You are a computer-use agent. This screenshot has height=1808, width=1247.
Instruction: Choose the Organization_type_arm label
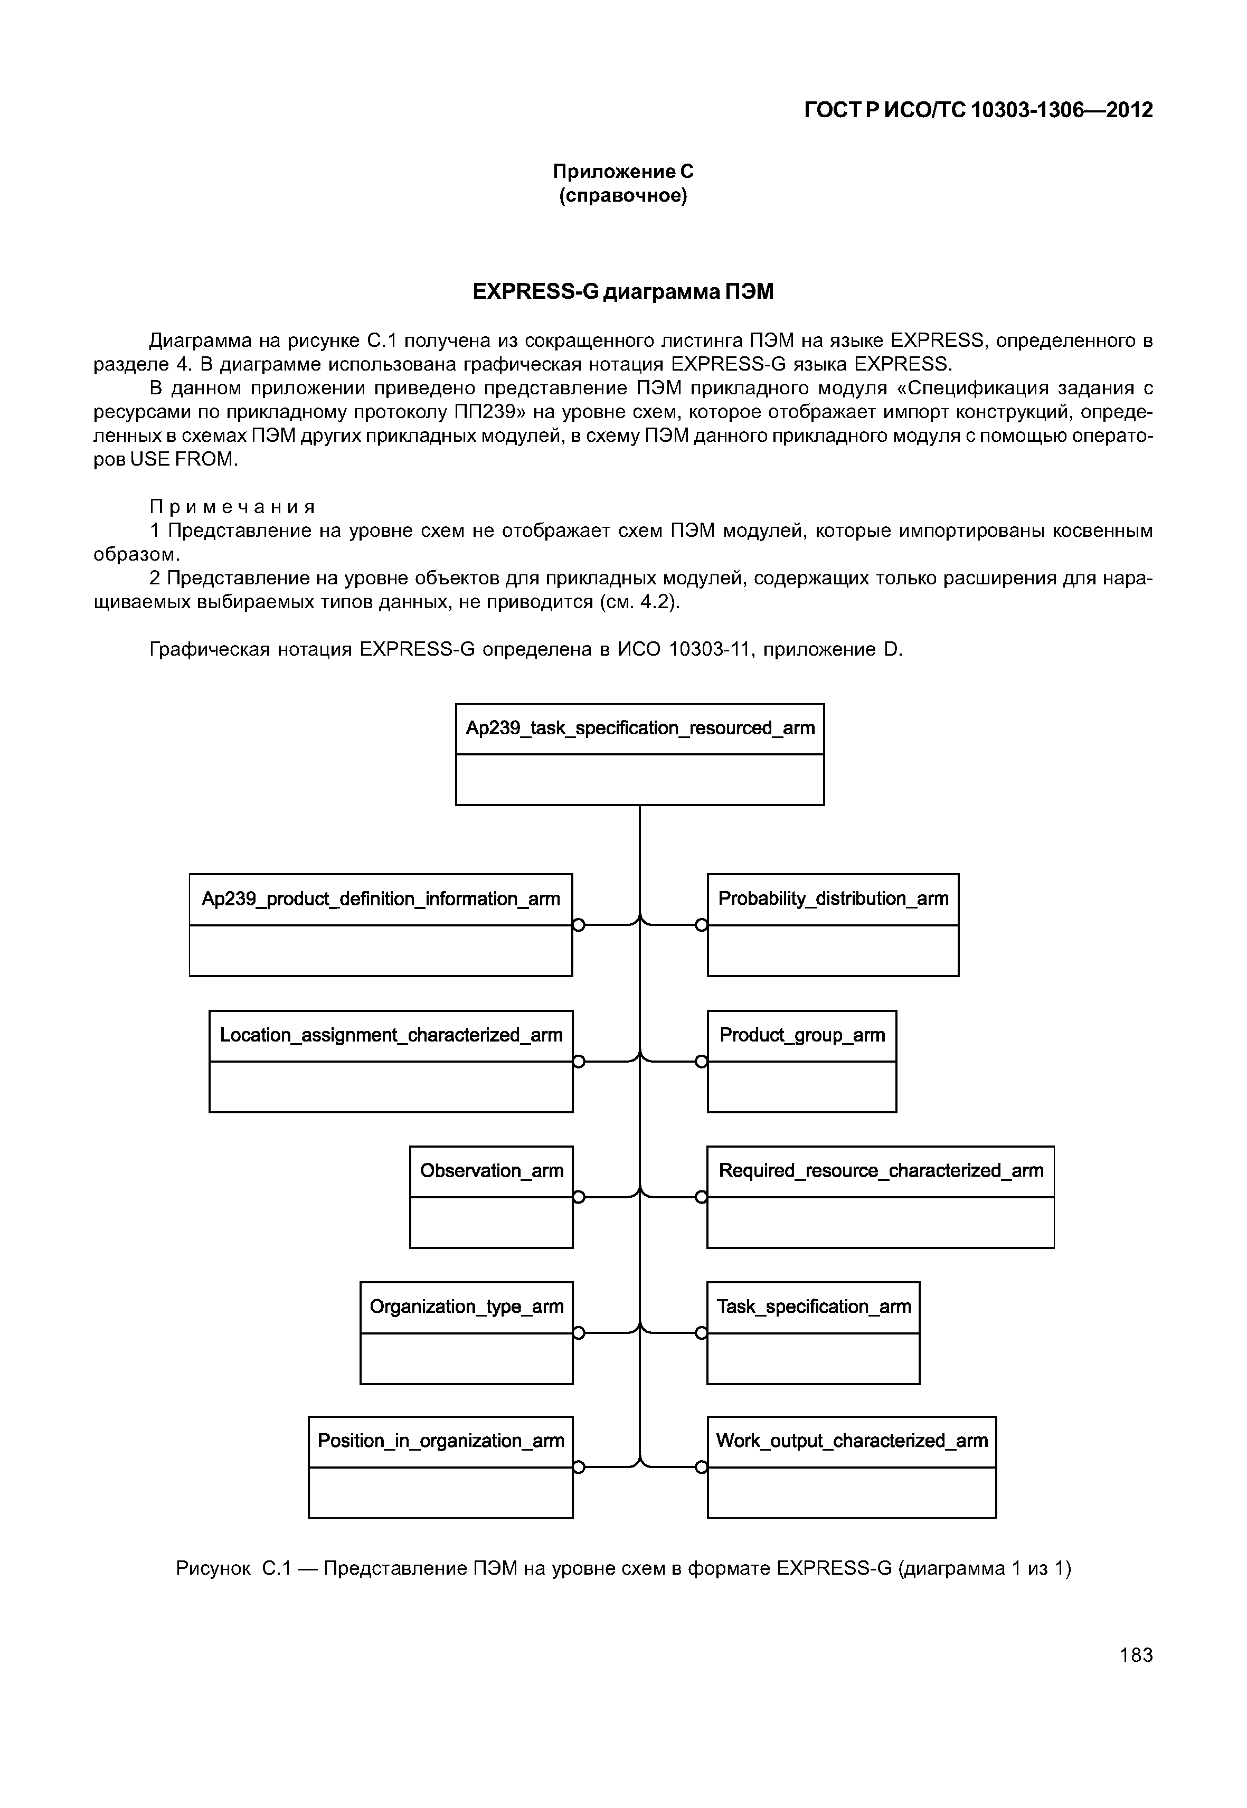click(467, 1307)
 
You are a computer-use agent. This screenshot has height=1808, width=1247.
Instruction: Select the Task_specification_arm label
click(814, 1307)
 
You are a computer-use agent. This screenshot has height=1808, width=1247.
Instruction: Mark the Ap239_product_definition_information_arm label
click(381, 900)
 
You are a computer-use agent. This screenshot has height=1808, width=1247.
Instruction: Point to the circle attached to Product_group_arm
click(702, 1061)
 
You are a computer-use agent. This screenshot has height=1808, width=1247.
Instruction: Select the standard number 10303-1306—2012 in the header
click(1061, 111)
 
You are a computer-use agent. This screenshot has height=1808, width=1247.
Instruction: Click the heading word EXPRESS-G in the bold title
click(536, 292)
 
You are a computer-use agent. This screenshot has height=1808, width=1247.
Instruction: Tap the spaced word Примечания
click(233, 507)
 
